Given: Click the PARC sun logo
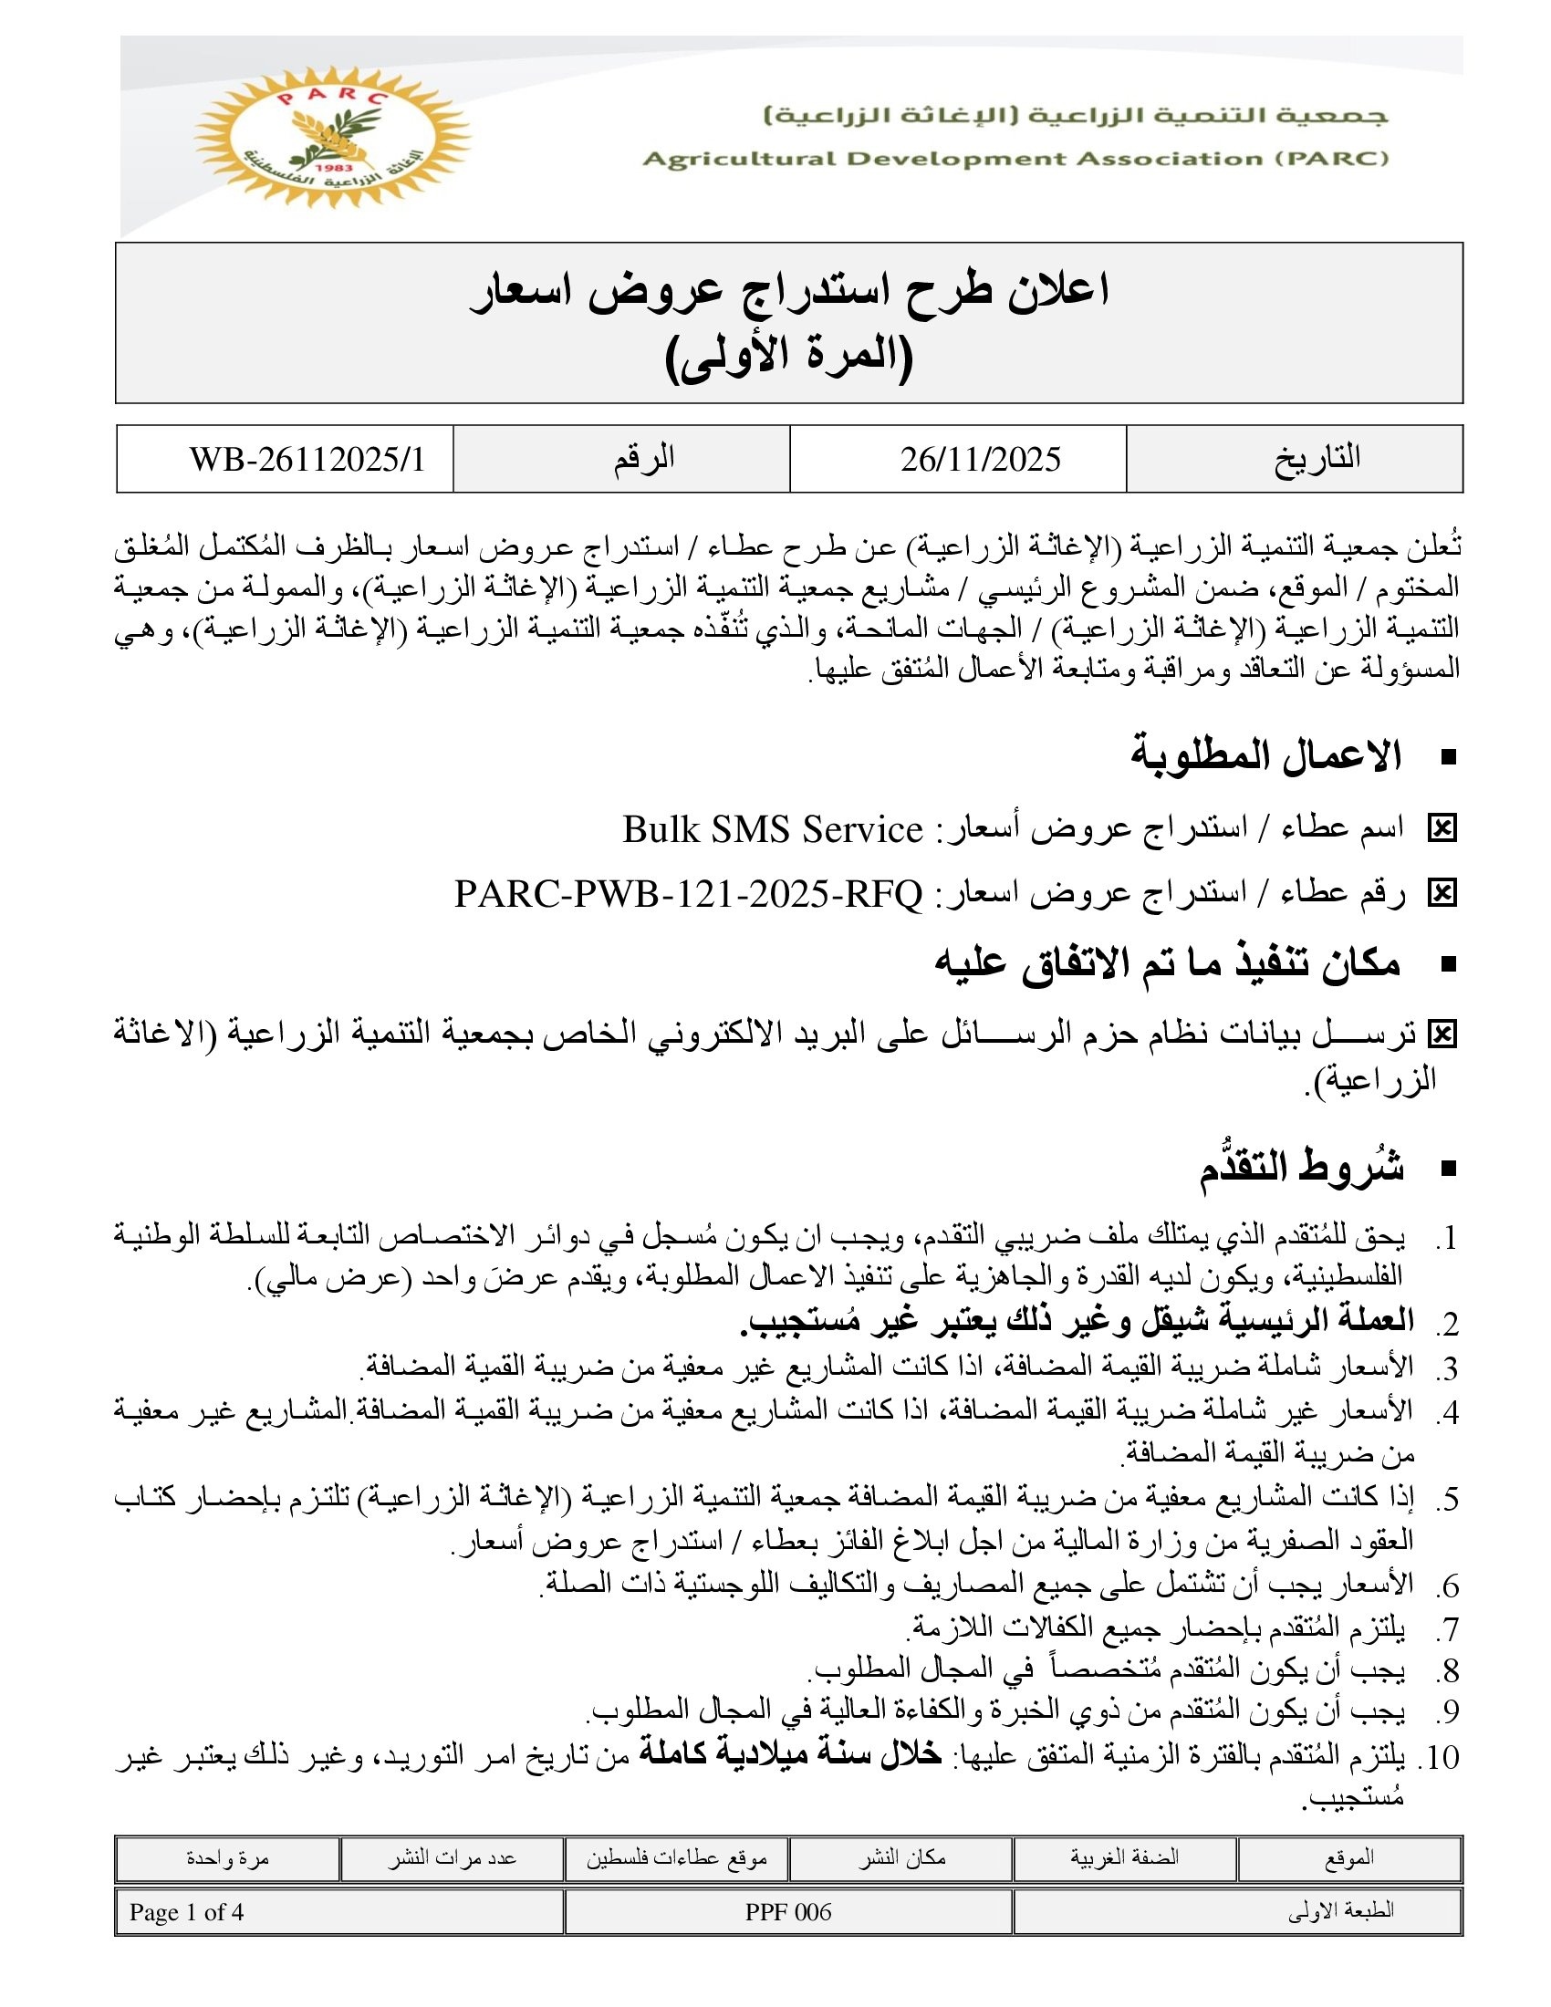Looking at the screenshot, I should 333,137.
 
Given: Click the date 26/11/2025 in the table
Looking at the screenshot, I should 980,460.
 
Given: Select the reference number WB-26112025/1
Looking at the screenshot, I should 307,460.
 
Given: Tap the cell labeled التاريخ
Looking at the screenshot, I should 1317,459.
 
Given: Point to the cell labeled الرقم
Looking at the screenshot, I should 644,459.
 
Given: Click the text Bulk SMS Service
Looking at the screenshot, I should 772,830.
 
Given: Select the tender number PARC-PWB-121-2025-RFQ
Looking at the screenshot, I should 688,893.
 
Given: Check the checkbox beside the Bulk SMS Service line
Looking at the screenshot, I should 1442,830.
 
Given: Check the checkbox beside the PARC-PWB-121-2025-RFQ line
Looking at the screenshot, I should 1442,893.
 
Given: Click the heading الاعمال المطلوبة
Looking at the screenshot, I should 1265,756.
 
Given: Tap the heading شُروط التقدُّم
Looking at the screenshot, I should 1301,1168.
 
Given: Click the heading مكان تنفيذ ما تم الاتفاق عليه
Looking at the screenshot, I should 1167,963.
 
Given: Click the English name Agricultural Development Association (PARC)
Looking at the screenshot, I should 1015,159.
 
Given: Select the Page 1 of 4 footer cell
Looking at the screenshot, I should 186,1912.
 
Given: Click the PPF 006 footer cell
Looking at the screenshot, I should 788,1912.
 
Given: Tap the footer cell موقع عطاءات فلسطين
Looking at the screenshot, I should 676,1858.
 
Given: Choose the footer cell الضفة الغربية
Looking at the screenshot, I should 1125,1858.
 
